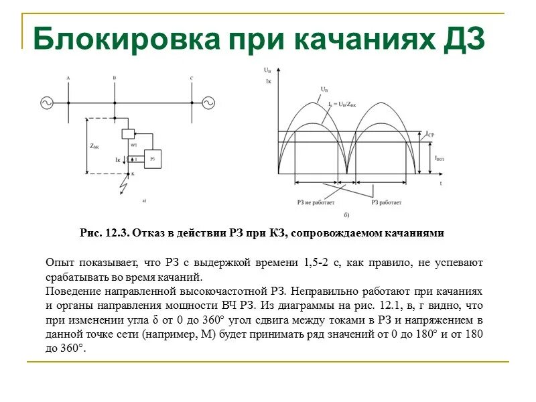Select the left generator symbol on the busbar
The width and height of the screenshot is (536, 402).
[x=47, y=103]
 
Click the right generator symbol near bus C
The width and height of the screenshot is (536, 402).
[x=209, y=103]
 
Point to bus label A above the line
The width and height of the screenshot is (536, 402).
[x=68, y=79]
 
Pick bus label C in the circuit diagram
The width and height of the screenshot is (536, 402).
[x=191, y=79]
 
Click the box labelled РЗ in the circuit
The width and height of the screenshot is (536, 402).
[x=153, y=159]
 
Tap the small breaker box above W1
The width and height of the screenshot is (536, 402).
[x=128, y=133]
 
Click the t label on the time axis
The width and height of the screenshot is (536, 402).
[x=441, y=182]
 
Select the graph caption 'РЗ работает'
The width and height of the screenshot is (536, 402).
[x=387, y=202]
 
